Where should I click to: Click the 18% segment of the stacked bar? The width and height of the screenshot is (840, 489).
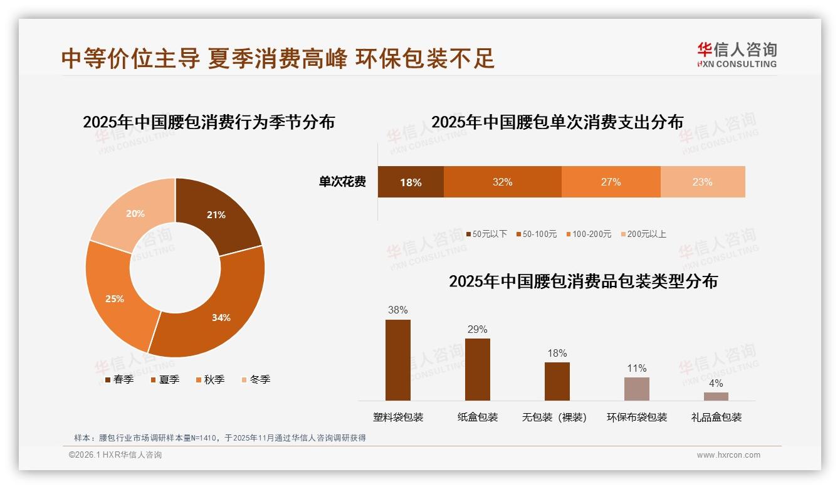[x=411, y=182]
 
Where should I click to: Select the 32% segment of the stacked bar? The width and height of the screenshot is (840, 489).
[x=502, y=182]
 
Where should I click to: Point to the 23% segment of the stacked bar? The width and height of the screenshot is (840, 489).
[x=702, y=182]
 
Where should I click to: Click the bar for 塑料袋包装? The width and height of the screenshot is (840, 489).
[x=397, y=360]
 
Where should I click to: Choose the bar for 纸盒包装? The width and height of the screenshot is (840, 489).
[x=477, y=369]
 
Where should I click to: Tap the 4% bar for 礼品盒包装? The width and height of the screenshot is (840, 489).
[x=716, y=396]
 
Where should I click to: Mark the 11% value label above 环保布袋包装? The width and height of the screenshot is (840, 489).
[x=636, y=368]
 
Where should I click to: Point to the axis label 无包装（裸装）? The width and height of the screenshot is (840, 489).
[x=554, y=417]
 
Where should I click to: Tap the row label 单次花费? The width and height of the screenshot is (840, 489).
[x=342, y=182]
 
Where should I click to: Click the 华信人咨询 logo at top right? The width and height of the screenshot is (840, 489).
[x=737, y=55]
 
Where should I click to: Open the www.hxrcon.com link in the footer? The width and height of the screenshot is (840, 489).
[x=728, y=455]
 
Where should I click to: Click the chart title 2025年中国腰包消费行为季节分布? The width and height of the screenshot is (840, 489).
[x=209, y=122]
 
